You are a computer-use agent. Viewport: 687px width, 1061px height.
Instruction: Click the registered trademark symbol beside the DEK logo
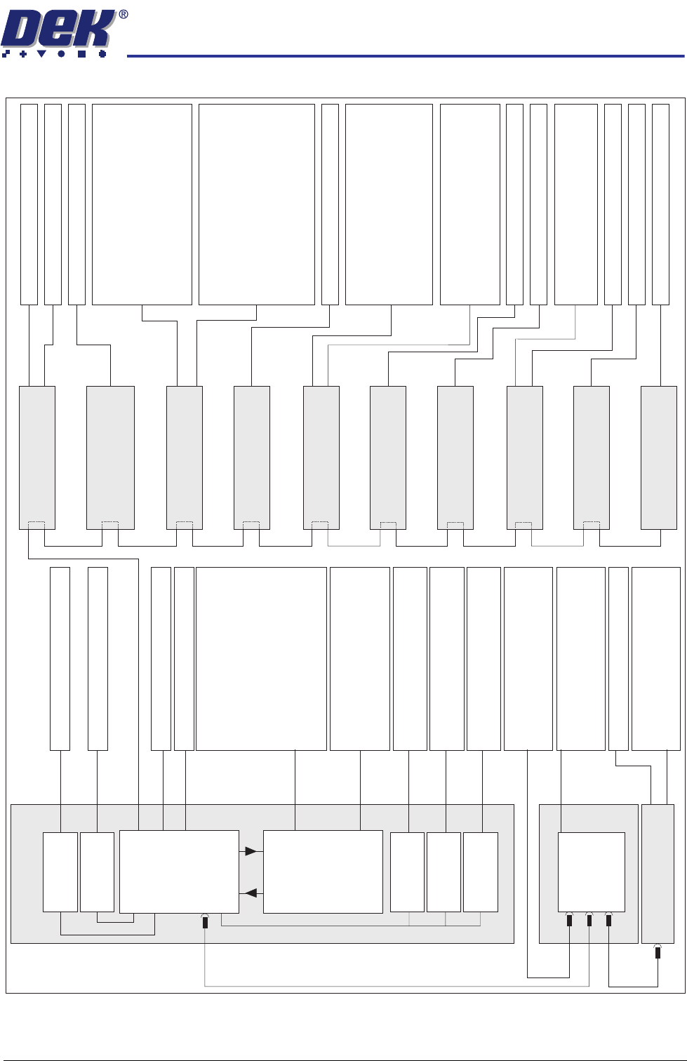click(124, 14)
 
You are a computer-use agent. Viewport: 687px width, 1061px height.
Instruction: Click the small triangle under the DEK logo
click(42, 53)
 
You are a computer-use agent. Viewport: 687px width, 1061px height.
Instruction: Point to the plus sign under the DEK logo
click(23, 53)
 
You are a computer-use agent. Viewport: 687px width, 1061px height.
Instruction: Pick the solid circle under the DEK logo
click(62, 53)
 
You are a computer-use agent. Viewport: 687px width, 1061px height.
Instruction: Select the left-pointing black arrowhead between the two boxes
click(251, 893)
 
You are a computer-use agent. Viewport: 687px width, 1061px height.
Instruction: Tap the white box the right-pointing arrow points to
click(323, 872)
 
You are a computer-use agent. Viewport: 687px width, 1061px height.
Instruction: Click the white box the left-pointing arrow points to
click(179, 872)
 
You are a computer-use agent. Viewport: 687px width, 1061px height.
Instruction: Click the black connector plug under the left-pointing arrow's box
click(205, 923)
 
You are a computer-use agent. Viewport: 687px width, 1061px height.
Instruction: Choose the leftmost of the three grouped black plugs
click(569, 921)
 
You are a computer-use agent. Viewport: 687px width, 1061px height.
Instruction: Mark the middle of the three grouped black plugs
click(589, 921)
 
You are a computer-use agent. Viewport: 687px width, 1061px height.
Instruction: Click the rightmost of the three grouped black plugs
click(608, 921)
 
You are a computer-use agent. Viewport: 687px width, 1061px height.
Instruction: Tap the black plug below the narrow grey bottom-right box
click(658, 953)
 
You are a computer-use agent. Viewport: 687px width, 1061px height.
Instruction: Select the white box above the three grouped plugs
click(591, 872)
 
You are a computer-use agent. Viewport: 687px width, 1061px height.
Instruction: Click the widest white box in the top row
click(257, 204)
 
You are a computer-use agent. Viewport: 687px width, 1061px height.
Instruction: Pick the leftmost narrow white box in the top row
click(29, 204)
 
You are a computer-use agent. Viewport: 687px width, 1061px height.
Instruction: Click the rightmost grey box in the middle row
click(658, 458)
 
